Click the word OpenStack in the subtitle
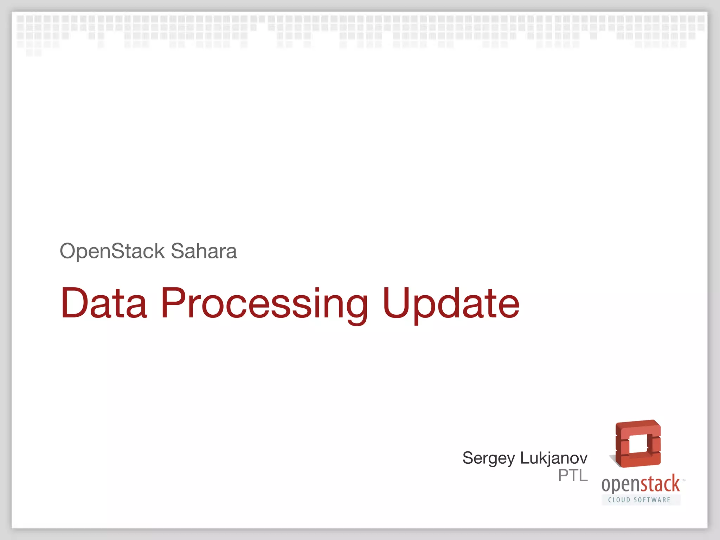pos(112,251)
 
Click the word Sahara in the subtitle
pos(204,251)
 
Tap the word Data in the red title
pos(104,303)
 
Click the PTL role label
pos(573,476)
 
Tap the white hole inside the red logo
pos(638,444)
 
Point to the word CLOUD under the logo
pos(619,500)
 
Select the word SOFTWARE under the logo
pos(652,500)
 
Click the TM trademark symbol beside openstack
pos(683,480)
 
